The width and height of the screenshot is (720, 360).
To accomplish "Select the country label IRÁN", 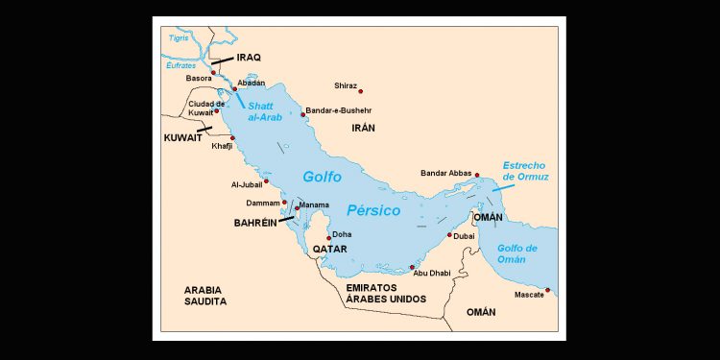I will pyautogui.click(x=363, y=128).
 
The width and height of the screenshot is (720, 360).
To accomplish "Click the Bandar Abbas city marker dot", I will pyautogui.click(x=477, y=175).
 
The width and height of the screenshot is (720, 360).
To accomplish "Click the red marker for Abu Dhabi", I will pyautogui.click(x=412, y=268).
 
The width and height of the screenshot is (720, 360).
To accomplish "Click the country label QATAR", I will pyautogui.click(x=328, y=250).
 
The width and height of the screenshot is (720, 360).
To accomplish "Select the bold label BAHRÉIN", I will pyautogui.click(x=255, y=223).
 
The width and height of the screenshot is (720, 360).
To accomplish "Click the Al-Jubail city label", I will pyautogui.click(x=246, y=184).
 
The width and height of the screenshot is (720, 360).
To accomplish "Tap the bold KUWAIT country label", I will pyautogui.click(x=182, y=138).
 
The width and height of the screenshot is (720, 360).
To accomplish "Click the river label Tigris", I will pyautogui.click(x=179, y=38).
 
